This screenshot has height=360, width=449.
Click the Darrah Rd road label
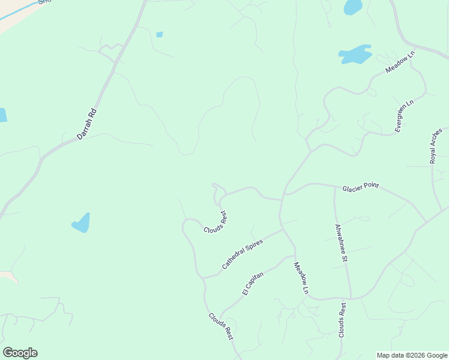pos(87,124)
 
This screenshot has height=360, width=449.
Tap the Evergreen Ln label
pos(404,116)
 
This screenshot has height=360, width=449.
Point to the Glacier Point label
pos(360,187)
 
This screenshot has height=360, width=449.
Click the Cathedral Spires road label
pos(243,253)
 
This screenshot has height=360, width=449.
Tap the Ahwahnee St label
pos(341,243)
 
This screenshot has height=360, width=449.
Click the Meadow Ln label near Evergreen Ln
pos(400,62)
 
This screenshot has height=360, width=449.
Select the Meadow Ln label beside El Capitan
pos(301,278)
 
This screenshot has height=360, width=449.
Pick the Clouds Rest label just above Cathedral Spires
pos(215,222)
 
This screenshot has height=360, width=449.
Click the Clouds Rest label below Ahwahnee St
pos(342,320)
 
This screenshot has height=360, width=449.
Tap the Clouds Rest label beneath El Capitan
pos(220,326)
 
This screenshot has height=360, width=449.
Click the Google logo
pos(20,353)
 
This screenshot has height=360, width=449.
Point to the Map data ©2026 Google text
pos(412,355)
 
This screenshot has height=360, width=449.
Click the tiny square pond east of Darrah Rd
pos(159,35)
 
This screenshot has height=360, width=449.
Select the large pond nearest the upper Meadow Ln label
pos(355,55)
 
